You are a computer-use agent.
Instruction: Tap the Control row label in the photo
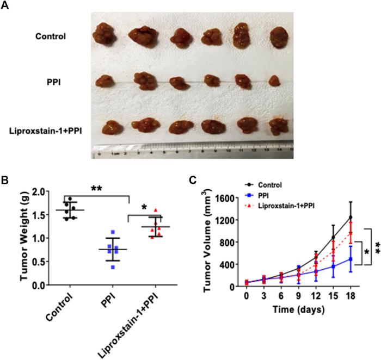click(x=51, y=37)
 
